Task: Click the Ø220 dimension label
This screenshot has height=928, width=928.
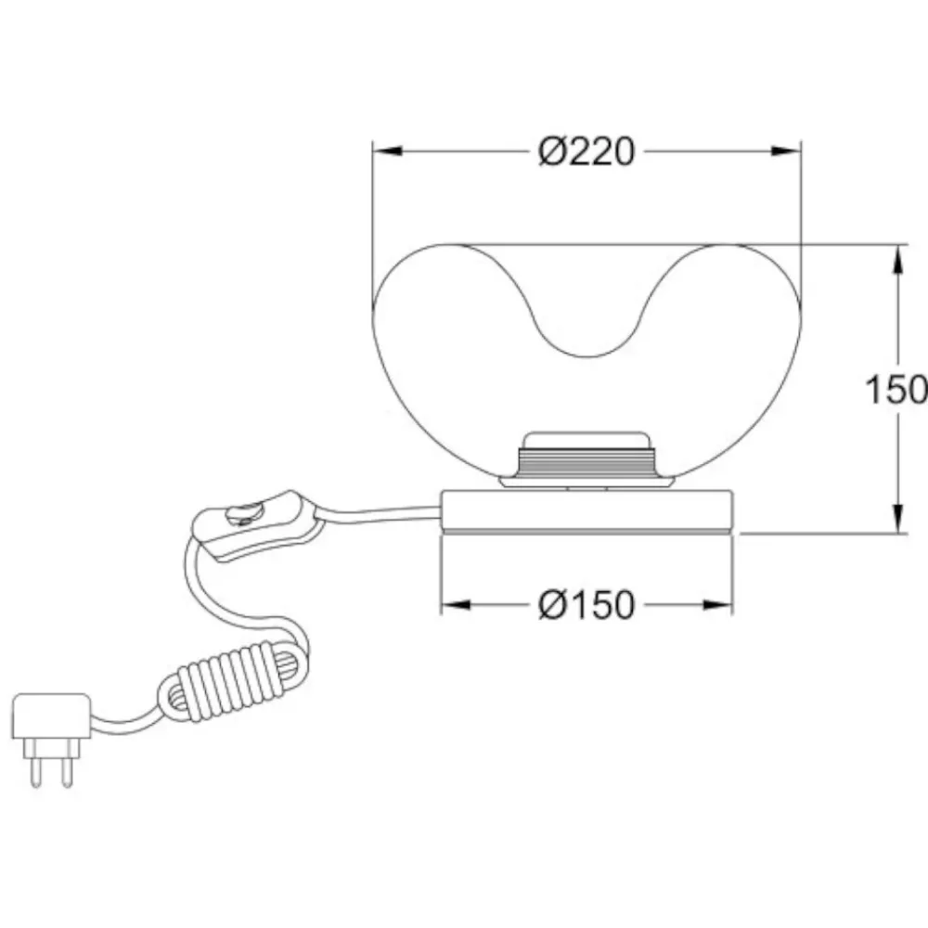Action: [x=586, y=151]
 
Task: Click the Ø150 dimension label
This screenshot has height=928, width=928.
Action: [x=586, y=605]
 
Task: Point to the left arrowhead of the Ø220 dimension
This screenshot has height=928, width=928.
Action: [x=388, y=151]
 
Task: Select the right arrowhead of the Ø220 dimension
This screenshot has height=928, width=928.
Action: [x=786, y=151]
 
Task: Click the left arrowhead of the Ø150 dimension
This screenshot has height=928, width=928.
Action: [x=457, y=605]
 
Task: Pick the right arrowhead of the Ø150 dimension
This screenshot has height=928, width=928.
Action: [x=717, y=605]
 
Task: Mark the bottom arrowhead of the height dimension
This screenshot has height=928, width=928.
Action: [x=897, y=519]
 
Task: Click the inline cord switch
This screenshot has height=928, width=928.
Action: [x=256, y=525]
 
